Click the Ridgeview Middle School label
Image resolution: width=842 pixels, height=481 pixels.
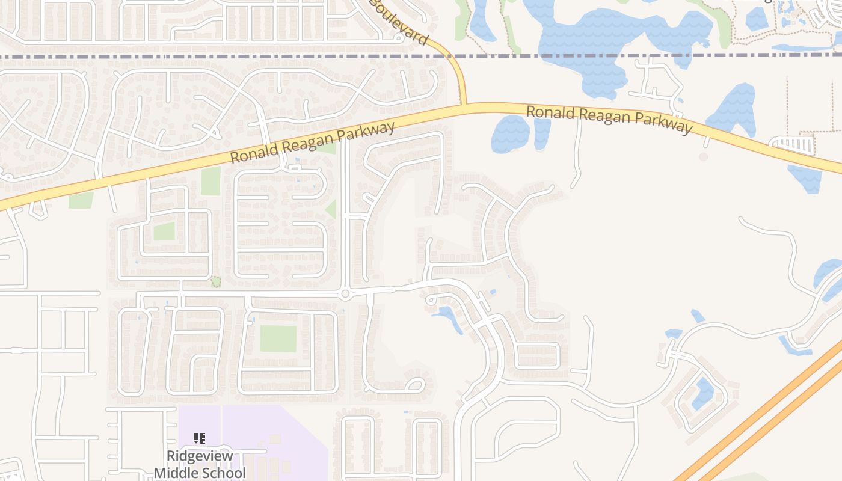tap(200, 464)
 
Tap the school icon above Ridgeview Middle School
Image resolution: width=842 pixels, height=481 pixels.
tap(200, 438)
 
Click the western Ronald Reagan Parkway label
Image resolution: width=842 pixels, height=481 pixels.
tap(313, 142)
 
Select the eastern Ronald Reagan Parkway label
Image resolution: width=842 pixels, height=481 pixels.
tap(609, 120)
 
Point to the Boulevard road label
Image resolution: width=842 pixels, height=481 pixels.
tap(399, 23)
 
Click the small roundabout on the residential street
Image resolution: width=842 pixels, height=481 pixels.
tap(345, 294)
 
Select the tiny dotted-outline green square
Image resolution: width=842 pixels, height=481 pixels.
tap(216, 281)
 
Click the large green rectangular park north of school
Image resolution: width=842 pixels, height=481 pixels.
tap(278, 339)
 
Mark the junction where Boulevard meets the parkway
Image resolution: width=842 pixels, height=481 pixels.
tap(464, 106)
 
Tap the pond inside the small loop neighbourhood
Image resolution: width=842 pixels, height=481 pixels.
tap(702, 394)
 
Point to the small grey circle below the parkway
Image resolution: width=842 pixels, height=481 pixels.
tap(703, 157)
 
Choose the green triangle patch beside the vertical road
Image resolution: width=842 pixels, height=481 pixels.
tap(331, 210)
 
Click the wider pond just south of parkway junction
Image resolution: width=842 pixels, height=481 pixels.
tap(510, 133)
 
